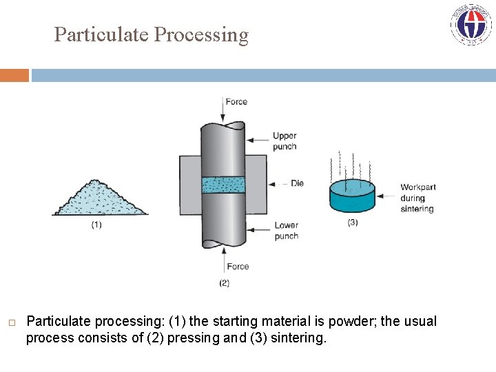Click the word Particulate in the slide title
[101, 34]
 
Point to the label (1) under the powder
[96, 225]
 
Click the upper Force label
[236, 102]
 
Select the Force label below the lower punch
[238, 267]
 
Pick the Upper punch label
[285, 141]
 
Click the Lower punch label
[286, 231]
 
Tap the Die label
[297, 183]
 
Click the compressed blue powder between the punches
[223, 185]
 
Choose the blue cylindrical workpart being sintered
[352, 197]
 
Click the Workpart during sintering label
[417, 198]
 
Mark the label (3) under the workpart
[352, 223]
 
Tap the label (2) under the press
[224, 282]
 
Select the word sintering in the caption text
[298, 338]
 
